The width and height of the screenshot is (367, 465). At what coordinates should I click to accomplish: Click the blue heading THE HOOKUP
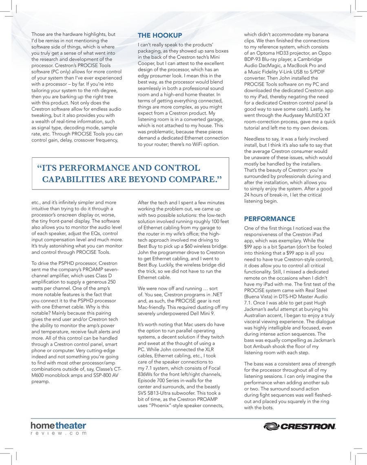(160, 35)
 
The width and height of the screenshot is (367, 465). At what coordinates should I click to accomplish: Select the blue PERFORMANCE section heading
(270, 219)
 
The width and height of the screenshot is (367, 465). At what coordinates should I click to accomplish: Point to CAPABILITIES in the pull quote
(72, 179)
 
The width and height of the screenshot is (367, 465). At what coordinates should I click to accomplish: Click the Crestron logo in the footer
(300, 427)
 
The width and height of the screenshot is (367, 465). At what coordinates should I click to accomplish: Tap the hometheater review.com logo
(59, 428)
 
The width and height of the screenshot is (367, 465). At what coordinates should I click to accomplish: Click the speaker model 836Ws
(146, 375)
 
